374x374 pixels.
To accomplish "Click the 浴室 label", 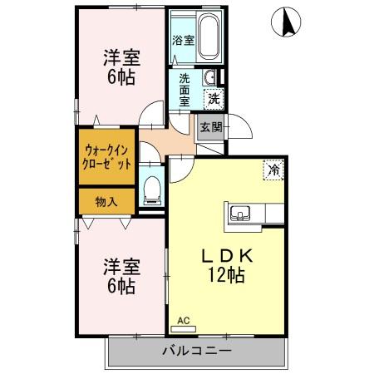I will coord(183,40).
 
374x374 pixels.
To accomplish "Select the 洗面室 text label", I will coord(184,90).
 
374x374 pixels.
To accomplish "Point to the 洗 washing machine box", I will coord(214,97).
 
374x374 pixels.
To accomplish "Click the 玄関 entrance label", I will coord(210,127).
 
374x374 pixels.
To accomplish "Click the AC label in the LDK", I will coord(183,320).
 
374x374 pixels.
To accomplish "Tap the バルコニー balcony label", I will coord(195,352).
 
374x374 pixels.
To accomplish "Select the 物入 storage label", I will coord(106,201).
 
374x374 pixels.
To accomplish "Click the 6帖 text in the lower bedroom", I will coord(121,287).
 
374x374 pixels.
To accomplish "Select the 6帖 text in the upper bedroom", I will coord(121,77).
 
